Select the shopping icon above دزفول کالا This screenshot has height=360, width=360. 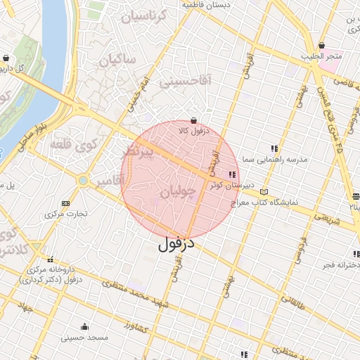pos(194,120)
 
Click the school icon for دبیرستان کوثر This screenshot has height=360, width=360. pos(232,174)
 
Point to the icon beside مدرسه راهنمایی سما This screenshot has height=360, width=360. pos(274,148)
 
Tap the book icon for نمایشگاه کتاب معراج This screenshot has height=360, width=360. pos(264,191)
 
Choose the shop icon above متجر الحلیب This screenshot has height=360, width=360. pos(321,45)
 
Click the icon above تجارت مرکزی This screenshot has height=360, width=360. pos(66,202)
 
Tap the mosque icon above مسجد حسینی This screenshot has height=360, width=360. pos(84,326)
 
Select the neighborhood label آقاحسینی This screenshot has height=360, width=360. pos(185,82)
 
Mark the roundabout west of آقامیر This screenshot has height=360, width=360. pos(84,181)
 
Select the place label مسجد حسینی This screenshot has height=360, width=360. pos(84,338)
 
